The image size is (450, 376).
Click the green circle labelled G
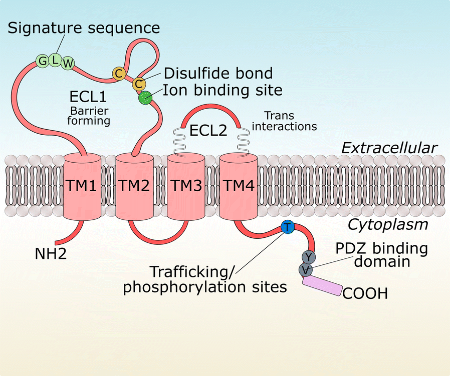42,61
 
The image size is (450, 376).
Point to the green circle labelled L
56,59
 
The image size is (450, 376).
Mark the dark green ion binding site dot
145,97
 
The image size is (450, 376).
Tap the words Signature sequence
84,28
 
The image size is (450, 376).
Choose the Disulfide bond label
218,73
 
